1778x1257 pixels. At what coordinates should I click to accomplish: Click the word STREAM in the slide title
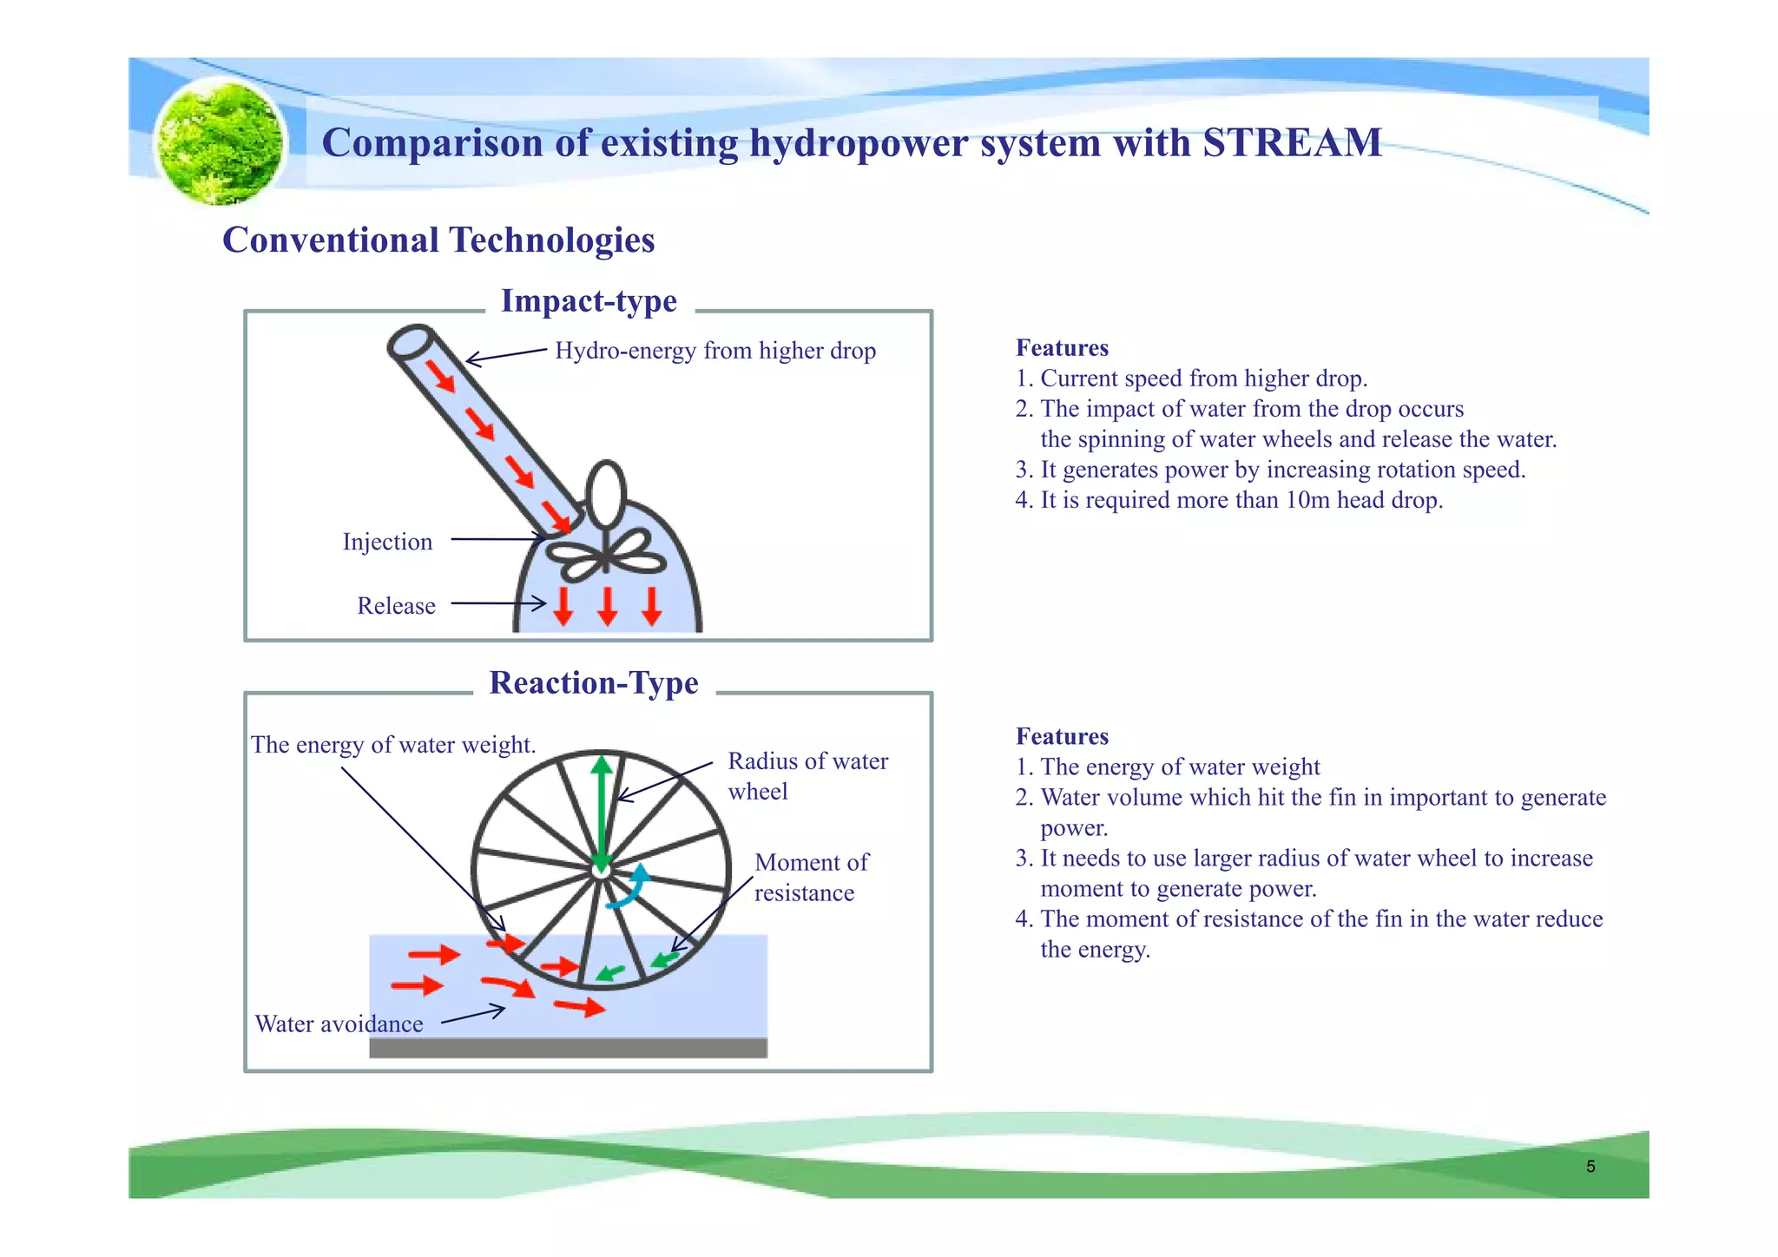click(x=1292, y=143)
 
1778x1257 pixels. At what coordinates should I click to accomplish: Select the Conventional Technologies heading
click(x=438, y=240)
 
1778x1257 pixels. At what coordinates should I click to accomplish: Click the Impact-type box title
click(x=589, y=301)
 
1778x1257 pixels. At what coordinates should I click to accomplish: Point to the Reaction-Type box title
click(x=593, y=683)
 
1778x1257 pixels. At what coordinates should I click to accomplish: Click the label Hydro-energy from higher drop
click(x=714, y=351)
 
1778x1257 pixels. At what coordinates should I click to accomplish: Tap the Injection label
click(x=387, y=542)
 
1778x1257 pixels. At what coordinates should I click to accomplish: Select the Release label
click(x=396, y=606)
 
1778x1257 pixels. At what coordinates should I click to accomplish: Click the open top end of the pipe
click(x=411, y=342)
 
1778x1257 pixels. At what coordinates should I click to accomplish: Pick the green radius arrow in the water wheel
click(x=601, y=807)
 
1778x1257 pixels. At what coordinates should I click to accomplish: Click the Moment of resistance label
click(x=810, y=878)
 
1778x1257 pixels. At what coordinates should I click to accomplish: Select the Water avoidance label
click(x=339, y=1024)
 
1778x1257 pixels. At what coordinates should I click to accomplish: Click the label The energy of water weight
click(x=393, y=745)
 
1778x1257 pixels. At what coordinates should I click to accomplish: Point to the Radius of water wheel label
click(x=807, y=776)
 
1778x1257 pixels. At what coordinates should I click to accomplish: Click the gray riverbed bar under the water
click(x=568, y=1048)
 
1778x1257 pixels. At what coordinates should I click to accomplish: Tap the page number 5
click(x=1590, y=1167)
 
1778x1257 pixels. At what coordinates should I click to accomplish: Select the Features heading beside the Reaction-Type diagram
click(x=1062, y=737)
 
